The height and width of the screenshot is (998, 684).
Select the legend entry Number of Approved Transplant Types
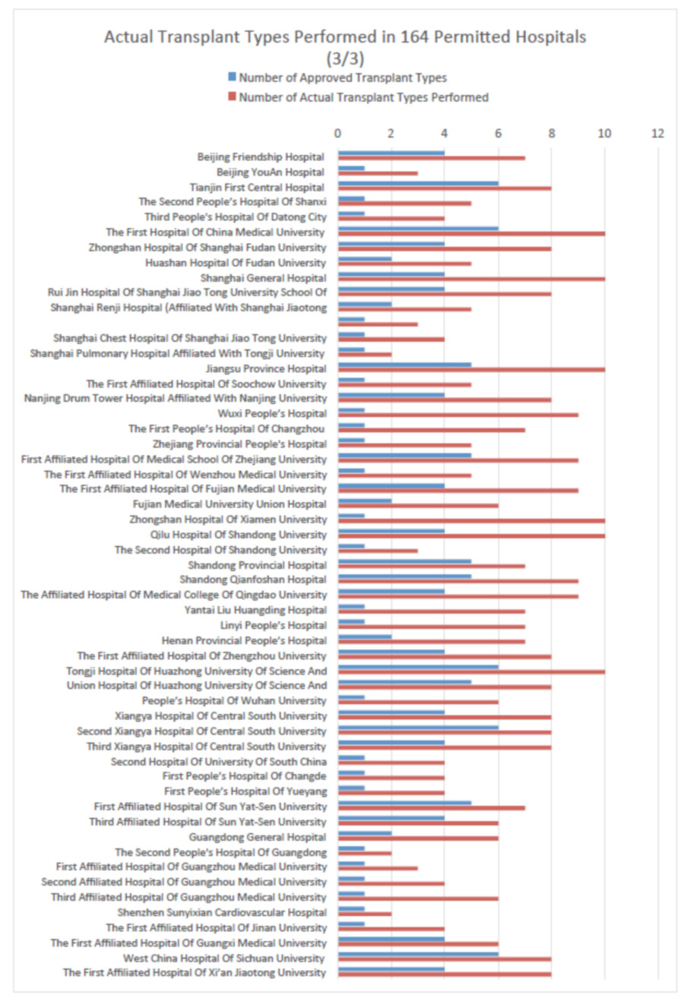tap(342, 77)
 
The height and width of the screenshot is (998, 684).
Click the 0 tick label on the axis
tap(338, 134)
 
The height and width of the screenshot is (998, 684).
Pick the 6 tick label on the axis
tap(499, 134)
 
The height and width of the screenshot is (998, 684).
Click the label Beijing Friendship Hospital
tap(261, 157)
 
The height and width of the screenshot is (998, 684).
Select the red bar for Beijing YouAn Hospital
tap(378, 173)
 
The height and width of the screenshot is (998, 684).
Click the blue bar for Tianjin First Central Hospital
tap(418, 183)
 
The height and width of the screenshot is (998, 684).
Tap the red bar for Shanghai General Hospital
tap(471, 279)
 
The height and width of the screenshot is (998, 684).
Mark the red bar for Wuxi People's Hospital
tap(458, 415)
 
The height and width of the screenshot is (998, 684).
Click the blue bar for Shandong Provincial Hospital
tap(404, 561)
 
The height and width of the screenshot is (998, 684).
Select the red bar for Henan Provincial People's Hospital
tap(431, 642)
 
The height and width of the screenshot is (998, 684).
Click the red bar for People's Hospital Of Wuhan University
tap(418, 702)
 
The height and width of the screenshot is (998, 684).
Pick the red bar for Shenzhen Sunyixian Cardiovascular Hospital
tap(365, 914)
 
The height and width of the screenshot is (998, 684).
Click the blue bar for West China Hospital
tap(418, 954)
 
